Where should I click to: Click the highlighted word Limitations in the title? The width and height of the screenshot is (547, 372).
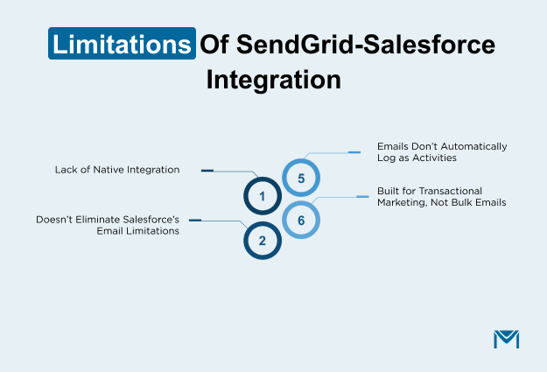(121, 45)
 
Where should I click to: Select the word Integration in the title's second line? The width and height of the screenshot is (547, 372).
(273, 80)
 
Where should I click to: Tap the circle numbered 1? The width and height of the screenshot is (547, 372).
(261, 197)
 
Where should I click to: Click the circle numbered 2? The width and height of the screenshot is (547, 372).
(261, 239)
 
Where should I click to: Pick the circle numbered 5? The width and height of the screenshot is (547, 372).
(301, 179)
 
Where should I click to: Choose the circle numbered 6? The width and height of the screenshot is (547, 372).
(301, 220)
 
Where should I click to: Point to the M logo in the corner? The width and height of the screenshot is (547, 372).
(506, 339)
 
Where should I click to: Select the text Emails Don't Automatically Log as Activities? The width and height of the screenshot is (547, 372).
(441, 151)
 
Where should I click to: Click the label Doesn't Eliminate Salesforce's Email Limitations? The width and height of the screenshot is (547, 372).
(107, 225)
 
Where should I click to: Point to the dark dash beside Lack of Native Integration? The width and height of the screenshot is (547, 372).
(207, 170)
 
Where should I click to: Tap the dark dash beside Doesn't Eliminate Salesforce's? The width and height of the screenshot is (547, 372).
(195, 220)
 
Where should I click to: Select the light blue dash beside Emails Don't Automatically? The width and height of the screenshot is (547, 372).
(354, 151)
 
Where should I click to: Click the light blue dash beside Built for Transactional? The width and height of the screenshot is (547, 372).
(362, 197)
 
